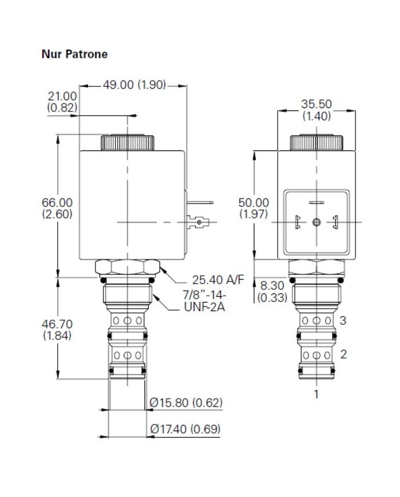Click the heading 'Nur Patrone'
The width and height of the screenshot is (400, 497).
click(x=75, y=54)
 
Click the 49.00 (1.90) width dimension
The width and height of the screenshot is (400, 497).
click(x=134, y=85)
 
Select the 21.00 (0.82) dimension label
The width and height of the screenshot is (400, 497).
click(x=62, y=101)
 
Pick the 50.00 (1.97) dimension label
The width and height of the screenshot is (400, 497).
click(x=253, y=208)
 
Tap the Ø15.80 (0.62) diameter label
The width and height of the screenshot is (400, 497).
click(x=185, y=403)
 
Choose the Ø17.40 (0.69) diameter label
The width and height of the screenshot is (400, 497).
click(x=185, y=428)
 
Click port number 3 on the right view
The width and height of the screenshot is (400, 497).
click(x=343, y=320)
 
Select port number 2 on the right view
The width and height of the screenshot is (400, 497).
click(x=343, y=354)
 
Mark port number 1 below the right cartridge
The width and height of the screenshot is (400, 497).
click(x=315, y=393)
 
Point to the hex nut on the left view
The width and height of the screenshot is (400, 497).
click(x=129, y=267)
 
